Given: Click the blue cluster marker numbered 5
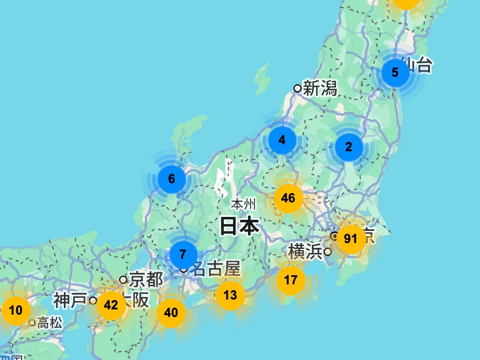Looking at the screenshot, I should (395, 73).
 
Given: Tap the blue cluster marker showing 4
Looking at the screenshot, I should (282, 140).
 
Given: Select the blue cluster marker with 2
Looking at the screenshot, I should (349, 147).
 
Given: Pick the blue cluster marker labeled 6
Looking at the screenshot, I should (171, 179).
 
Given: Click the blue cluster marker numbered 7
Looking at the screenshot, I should (183, 254).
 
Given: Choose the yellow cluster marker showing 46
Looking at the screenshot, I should (288, 198).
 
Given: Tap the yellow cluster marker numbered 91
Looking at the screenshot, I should (350, 238).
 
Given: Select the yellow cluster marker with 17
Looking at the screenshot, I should (291, 280).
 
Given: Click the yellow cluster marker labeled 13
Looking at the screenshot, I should (230, 295).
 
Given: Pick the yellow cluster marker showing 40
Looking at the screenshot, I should (171, 312).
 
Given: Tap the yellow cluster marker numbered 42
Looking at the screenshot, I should (111, 305).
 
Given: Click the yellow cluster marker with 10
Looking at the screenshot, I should (16, 310).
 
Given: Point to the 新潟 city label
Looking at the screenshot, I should (320, 88).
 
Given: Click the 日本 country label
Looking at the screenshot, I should (239, 225).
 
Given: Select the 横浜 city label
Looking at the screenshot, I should (306, 252).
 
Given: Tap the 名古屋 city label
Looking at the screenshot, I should (216, 269).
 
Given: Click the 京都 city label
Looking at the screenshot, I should (146, 279).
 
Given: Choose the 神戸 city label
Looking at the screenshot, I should (70, 301).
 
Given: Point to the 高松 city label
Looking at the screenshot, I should (50, 322).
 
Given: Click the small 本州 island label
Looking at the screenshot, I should (243, 204).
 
